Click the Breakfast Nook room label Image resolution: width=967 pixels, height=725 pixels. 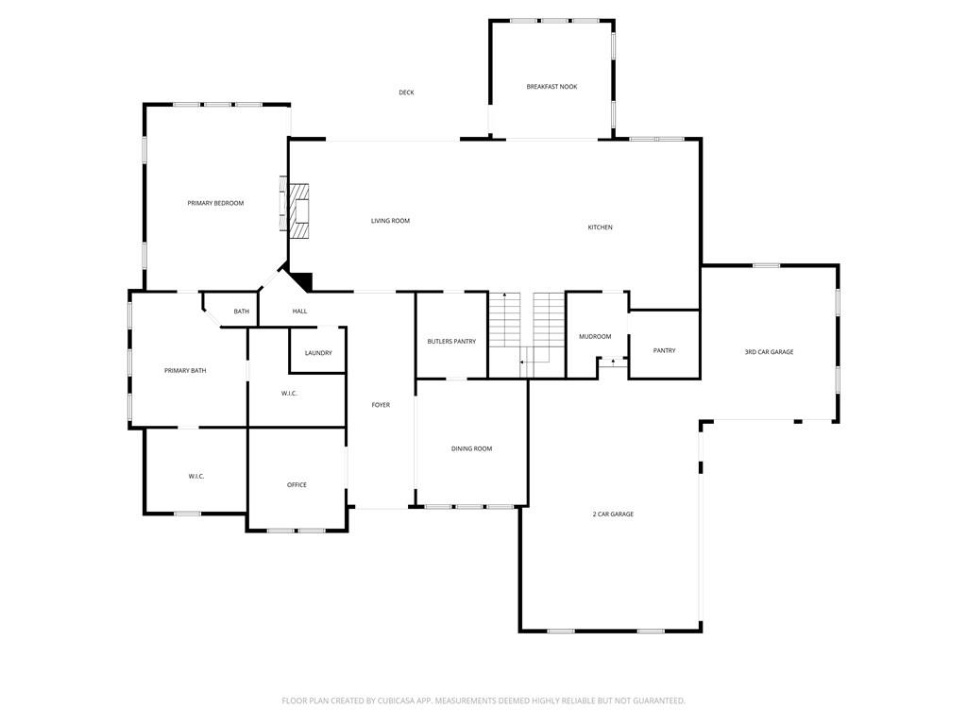(551, 87)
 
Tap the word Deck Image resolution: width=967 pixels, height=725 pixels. (406, 93)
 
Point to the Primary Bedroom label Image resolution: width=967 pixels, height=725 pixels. (215, 203)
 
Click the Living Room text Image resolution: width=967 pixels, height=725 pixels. (390, 221)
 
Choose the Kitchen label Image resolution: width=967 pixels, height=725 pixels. (601, 228)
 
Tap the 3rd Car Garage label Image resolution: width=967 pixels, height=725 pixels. (769, 352)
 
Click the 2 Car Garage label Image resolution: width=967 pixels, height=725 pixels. (613, 514)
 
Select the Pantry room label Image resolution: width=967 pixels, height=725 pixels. (664, 350)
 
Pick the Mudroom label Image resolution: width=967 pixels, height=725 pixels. (595, 337)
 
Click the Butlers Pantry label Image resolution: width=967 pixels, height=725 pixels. (451, 342)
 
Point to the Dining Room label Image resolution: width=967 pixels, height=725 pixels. (471, 449)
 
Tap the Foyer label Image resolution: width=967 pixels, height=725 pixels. (381, 405)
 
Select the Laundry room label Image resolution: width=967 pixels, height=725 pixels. (318, 353)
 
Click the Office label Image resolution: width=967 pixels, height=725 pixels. (297, 485)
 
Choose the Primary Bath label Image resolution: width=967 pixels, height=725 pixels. (185, 371)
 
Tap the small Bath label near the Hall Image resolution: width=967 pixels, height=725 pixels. (242, 312)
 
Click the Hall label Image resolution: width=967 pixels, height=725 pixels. (299, 312)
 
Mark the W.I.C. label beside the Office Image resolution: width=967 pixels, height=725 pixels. (196, 477)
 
